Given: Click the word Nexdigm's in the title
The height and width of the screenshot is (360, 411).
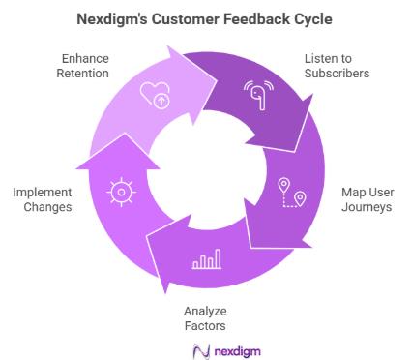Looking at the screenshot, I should pyautogui.click(x=114, y=16).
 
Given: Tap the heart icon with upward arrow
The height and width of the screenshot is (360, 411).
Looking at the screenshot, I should pyautogui.click(x=157, y=97).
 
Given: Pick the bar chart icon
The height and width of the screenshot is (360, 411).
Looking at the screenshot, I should pyautogui.click(x=206, y=258).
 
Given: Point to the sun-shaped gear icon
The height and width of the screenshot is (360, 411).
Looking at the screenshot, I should pyautogui.click(x=119, y=192).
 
